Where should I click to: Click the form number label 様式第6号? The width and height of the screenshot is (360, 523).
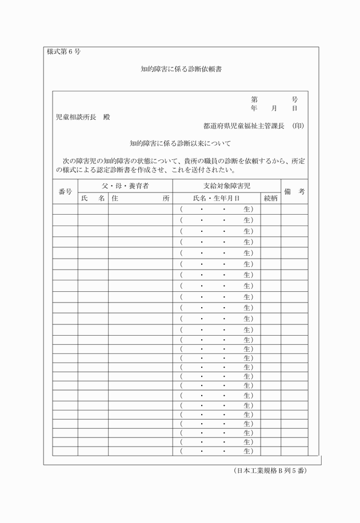point(63,51)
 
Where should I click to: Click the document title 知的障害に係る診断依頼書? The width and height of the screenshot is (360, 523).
point(181,70)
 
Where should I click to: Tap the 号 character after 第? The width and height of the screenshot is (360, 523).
point(294,99)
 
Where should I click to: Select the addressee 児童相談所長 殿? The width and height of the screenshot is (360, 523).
point(82,117)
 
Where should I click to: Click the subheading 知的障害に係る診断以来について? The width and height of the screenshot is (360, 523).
point(180,143)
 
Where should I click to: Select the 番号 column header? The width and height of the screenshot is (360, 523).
point(65,192)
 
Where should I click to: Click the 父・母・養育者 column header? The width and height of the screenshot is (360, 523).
point(125,186)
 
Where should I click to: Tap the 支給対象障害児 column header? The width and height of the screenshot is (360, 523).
point(226,186)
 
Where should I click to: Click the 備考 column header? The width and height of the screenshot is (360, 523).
point(294,192)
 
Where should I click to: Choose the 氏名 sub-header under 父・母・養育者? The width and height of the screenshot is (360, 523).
point(93,198)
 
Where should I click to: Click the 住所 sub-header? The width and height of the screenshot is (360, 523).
point(141,198)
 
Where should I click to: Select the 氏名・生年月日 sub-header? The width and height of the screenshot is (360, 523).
point(216,198)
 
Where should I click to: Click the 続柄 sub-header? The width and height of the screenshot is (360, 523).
point(270,198)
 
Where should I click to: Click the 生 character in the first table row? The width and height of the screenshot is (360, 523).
point(247,209)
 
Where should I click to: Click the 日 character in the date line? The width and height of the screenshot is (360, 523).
point(294,108)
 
